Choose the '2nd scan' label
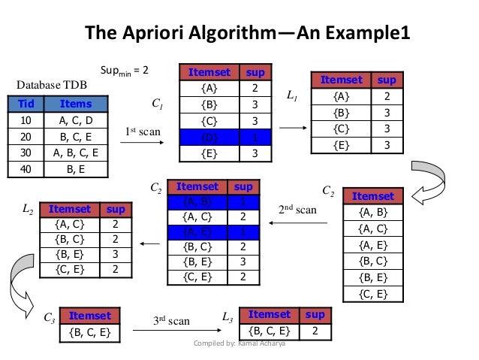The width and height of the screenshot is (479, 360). [298, 210]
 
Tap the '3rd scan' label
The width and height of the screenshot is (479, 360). [172, 321]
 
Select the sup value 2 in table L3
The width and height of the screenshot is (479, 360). [317, 331]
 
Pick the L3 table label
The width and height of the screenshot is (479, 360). [227, 318]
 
